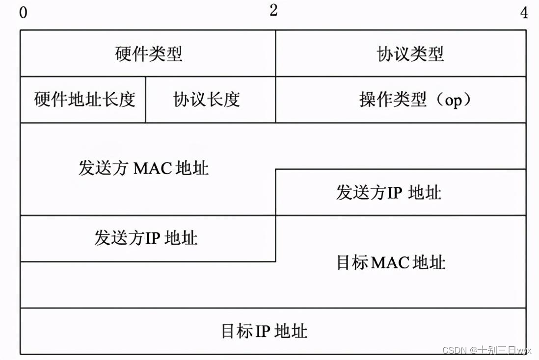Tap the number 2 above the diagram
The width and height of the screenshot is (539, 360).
pyautogui.click(x=273, y=10)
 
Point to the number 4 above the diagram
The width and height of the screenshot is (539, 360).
pyautogui.click(x=524, y=13)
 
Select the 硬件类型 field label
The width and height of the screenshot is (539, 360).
pyautogui.click(x=149, y=54)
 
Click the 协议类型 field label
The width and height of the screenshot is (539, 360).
pyautogui.click(x=410, y=54)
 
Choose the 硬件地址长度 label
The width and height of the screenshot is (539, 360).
pyautogui.click(x=84, y=100)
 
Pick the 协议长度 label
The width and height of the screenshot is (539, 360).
pyautogui.click(x=207, y=100)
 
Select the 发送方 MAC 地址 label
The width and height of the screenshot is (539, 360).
pyautogui.click(x=143, y=168)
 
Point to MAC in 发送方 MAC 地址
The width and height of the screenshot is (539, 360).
pyautogui.click(x=153, y=168)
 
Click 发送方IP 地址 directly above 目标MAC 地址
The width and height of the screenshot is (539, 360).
pyautogui.click(x=388, y=192)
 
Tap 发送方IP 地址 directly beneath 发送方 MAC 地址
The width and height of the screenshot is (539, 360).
pyautogui.click(x=146, y=238)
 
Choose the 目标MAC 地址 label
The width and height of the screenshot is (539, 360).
pyautogui.click(x=391, y=262)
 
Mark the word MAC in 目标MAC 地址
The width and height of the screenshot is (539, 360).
pyautogui.click(x=390, y=262)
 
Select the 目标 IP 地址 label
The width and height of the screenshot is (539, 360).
pyautogui.click(x=264, y=331)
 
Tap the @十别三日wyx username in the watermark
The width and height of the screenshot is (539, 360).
pyautogui.click(x=500, y=350)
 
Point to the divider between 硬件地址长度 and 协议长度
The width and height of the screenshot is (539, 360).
pyautogui.click(x=146, y=100)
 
